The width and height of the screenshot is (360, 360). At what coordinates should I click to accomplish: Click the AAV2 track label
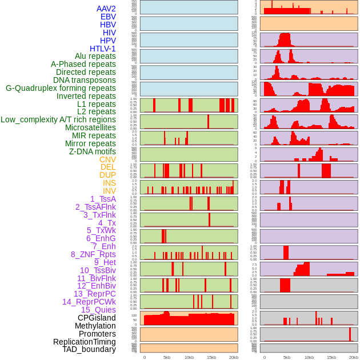click(x=106, y=9)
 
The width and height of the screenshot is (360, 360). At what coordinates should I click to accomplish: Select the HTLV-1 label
click(x=102, y=49)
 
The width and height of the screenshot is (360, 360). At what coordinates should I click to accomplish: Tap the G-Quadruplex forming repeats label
click(x=61, y=88)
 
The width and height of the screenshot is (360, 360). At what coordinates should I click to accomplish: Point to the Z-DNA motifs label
click(x=92, y=151)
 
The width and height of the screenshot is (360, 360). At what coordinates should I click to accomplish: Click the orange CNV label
click(x=107, y=159)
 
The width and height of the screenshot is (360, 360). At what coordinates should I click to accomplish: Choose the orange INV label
click(x=109, y=191)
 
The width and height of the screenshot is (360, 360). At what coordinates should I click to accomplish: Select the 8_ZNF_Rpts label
click(x=93, y=254)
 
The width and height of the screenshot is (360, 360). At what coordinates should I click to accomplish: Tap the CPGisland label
click(x=97, y=318)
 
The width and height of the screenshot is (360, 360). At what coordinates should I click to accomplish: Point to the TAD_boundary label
click(x=89, y=349)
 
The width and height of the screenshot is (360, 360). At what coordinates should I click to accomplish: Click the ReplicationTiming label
click(x=84, y=342)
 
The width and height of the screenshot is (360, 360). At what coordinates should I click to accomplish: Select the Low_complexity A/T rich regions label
click(x=58, y=119)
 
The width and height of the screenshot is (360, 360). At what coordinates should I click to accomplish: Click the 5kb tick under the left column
click(x=167, y=357)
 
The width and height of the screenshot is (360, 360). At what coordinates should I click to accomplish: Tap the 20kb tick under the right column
click(x=354, y=357)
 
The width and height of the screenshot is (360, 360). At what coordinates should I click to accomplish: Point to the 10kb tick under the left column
click(x=189, y=357)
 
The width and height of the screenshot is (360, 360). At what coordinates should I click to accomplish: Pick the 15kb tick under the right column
click(x=331, y=357)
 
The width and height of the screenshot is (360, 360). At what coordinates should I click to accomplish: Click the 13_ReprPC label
click(x=94, y=294)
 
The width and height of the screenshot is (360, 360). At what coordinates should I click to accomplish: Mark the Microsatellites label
click(x=90, y=127)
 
